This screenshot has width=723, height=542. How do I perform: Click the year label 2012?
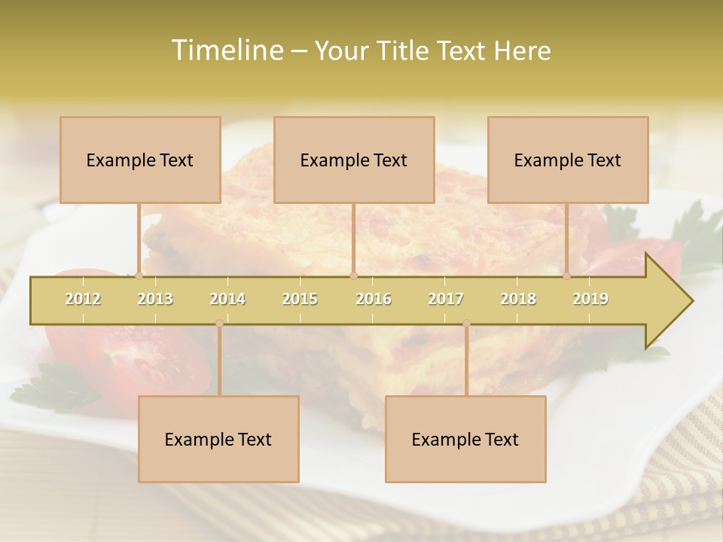click(83, 299)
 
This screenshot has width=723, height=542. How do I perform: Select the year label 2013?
click(155, 299)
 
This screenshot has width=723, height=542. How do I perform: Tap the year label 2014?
click(227, 299)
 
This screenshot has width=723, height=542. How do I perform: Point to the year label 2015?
click(300, 299)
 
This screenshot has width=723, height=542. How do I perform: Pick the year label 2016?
click(374, 299)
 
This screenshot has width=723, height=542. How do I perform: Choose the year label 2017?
click(446, 299)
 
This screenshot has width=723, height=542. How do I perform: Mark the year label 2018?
click(518, 299)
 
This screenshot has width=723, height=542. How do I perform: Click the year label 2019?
click(590, 299)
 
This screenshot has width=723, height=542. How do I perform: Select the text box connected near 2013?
click(140, 160)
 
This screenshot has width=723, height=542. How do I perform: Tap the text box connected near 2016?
click(354, 160)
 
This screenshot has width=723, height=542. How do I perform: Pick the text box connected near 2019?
click(568, 160)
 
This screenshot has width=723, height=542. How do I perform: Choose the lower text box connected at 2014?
click(218, 439)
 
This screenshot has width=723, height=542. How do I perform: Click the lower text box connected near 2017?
click(465, 439)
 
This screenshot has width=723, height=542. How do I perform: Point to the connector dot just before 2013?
click(139, 276)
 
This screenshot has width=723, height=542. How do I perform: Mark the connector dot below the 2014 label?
click(219, 324)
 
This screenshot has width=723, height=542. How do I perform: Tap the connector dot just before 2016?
click(353, 276)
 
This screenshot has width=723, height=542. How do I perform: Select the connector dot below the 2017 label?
click(466, 324)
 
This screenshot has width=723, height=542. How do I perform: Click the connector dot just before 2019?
click(566, 276)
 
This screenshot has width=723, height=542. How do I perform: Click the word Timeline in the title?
click(226, 50)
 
